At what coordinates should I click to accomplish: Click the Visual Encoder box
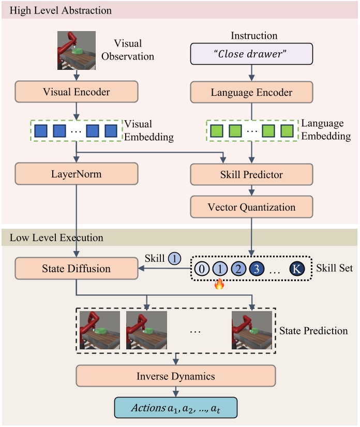click(x=77, y=93)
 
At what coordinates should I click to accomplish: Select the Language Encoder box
click(x=251, y=93)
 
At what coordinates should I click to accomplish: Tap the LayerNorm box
click(x=77, y=174)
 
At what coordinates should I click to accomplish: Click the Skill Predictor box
click(x=251, y=174)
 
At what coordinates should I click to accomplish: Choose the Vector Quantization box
click(x=251, y=207)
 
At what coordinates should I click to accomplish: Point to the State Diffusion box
click(x=77, y=268)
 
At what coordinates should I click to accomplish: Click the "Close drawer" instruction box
click(x=251, y=54)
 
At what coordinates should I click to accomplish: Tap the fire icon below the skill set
click(x=219, y=284)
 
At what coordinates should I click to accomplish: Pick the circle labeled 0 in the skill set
click(x=203, y=269)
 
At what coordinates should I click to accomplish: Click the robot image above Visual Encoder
click(x=76, y=50)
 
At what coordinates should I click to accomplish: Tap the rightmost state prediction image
click(x=251, y=331)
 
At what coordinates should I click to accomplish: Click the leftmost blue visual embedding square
click(x=42, y=131)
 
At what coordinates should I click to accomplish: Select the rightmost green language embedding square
click(x=287, y=131)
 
